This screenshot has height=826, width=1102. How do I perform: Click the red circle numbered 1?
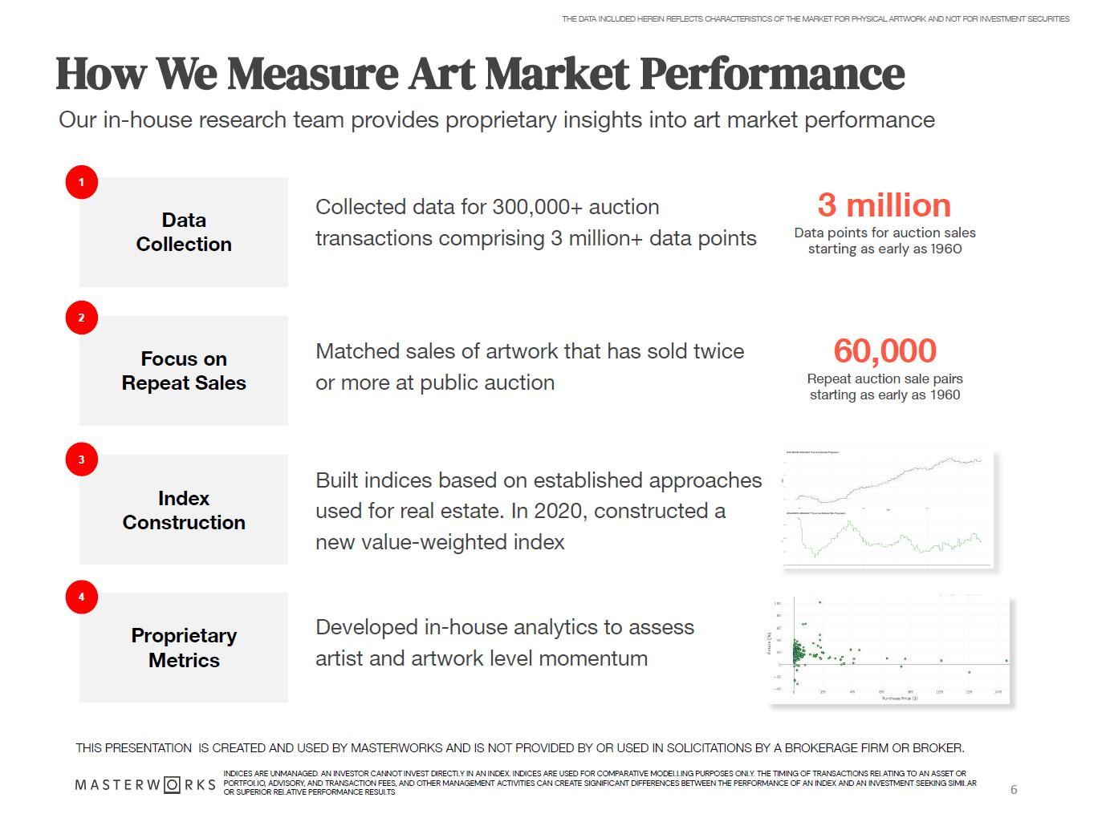point(81,182)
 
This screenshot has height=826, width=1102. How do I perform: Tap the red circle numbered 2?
point(81,318)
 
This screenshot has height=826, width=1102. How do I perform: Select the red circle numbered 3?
point(81,460)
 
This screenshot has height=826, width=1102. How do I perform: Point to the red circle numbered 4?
point(81,597)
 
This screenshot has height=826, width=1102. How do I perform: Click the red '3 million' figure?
point(884,205)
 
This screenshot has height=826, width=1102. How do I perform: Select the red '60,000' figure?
point(884,350)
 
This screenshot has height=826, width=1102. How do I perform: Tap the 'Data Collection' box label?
point(184,232)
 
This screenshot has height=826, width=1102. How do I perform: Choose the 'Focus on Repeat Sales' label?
point(184,370)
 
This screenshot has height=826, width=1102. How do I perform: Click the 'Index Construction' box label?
point(184,510)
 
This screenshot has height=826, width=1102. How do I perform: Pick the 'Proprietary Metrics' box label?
point(184,647)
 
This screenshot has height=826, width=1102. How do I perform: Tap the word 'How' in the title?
point(101,74)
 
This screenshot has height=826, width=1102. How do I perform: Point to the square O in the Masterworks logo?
point(172,784)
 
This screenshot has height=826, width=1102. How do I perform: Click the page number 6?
point(1013,790)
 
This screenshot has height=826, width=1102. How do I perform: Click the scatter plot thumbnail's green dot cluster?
point(799,653)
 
